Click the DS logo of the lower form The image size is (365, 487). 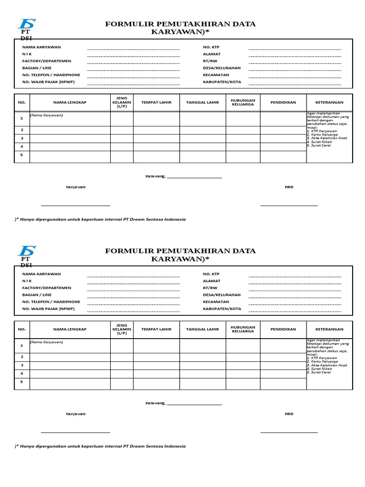point(27,251)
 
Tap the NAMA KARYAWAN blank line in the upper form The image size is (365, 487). point(133,49)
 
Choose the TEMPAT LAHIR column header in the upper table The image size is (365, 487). point(156,102)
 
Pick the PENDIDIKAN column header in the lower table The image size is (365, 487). point(283,329)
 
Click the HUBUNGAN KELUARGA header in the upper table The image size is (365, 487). point(243,102)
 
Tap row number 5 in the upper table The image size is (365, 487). point(21,155)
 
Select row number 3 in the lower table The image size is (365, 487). point(21,365)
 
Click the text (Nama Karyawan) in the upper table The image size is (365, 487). point(47,115)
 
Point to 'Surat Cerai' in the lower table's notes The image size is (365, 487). point(319,372)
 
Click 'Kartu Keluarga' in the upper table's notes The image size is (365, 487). point(323,135)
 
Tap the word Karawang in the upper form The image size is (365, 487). point(155,176)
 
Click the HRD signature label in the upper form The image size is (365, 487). point(289,187)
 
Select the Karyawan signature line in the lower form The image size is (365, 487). point(76,432)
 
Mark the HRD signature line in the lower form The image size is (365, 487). point(289,432)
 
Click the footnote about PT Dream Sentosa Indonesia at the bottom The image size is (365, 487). point(100,446)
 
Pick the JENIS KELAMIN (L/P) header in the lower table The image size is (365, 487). point(122,329)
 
